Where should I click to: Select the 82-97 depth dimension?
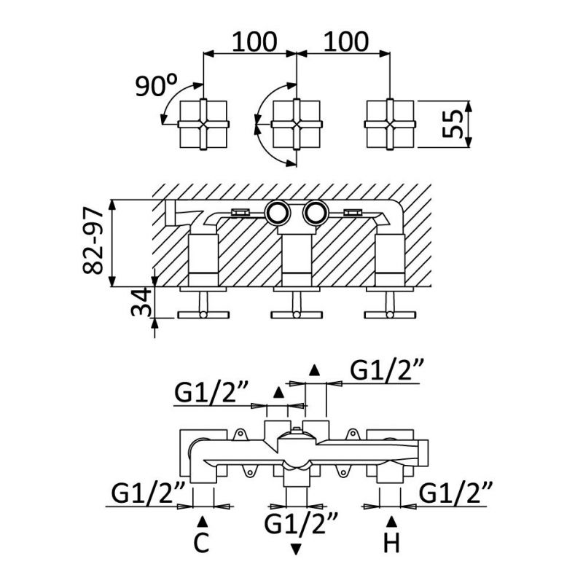(x=94, y=243)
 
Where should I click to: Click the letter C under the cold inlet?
(x=203, y=543)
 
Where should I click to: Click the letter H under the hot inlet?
(x=391, y=543)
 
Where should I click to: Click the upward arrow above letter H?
(x=391, y=520)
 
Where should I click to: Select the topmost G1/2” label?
(x=387, y=371)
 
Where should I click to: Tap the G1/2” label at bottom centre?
(x=302, y=523)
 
